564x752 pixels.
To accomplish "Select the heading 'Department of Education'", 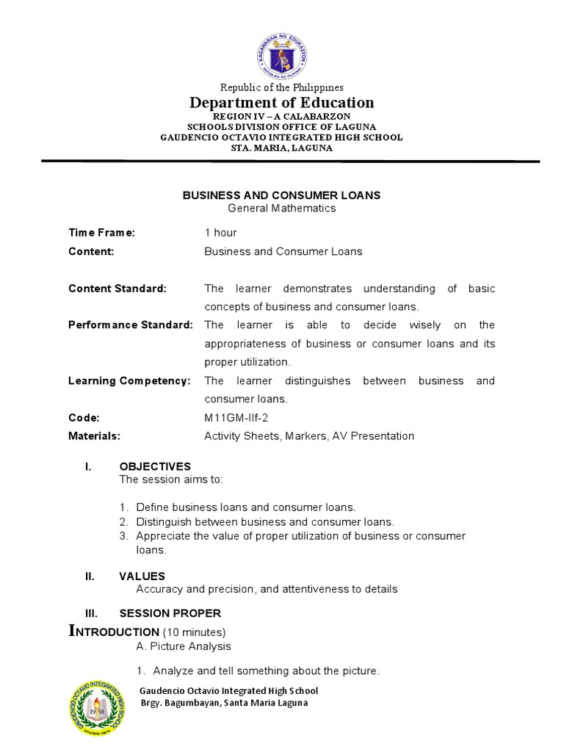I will click(x=281, y=103).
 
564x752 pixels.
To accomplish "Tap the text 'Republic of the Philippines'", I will click(x=281, y=87).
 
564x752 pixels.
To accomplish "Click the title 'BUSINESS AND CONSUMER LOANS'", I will click(x=281, y=195).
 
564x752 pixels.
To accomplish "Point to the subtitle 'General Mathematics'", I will click(x=281, y=208).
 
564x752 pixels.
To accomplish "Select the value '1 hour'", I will click(x=220, y=233).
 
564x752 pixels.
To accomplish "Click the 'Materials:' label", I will click(x=94, y=435).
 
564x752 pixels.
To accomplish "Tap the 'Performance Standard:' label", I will click(x=130, y=325).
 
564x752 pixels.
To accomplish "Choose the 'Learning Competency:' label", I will click(x=129, y=380).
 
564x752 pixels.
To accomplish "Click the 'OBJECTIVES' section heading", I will click(x=155, y=466).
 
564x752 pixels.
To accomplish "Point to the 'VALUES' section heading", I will click(x=142, y=576).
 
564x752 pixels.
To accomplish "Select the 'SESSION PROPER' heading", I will click(x=170, y=613).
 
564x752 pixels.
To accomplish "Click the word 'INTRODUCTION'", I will click(x=114, y=632).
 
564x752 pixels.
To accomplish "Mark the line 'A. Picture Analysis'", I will click(x=184, y=646).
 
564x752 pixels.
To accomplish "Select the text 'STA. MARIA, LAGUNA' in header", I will click(x=281, y=148).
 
